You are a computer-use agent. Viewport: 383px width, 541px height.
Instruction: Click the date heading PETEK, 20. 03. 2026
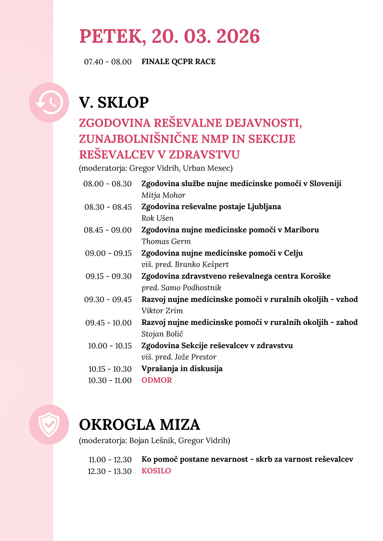pos(170,36)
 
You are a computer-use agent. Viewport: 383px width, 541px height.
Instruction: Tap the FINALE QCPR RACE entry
pos(178,62)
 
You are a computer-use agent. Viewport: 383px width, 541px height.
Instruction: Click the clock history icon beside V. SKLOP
pos(49,103)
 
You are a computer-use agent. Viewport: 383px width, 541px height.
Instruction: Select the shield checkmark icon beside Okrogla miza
pos(49,425)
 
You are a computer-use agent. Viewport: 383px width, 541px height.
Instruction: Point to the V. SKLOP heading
pos(114,103)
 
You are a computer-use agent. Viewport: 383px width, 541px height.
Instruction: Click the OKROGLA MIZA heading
pos(139,425)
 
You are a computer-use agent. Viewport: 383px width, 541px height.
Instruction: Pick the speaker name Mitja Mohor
pos(163,195)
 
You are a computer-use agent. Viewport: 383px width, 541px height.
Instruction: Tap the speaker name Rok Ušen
pos(157,218)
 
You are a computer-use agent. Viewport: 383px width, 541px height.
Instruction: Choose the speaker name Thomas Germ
pos(166,241)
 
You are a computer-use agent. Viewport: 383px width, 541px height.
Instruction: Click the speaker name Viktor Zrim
pos(162,311)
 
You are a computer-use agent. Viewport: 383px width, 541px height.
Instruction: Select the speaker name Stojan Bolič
pos(162,334)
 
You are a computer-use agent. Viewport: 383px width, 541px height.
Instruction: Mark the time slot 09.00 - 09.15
pos(108,253)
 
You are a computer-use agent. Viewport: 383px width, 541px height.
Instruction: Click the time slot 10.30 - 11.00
pos(110,380)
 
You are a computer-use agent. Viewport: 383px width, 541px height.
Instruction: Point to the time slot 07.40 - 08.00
pos(108,62)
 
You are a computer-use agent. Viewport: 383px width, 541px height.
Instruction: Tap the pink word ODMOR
pos(157,380)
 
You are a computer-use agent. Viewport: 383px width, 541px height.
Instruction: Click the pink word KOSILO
pos(156,471)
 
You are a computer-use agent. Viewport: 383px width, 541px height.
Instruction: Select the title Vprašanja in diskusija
pos(182,369)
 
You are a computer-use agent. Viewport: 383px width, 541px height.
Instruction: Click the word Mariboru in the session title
pos(301,230)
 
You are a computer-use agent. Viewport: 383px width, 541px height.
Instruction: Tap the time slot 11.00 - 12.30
pos(110,460)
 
